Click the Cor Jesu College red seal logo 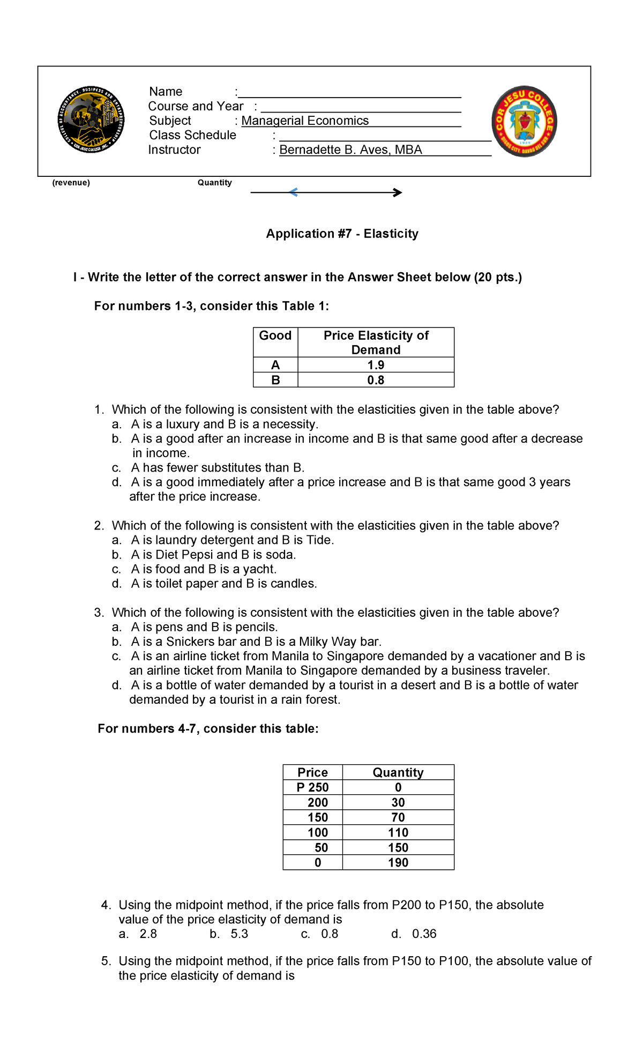[524, 122]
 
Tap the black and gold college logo [91, 120]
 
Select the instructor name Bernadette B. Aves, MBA [350, 150]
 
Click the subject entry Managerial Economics [305, 121]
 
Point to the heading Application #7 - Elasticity [342, 234]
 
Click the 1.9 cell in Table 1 [376, 365]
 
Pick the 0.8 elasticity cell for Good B [376, 380]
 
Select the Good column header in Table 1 [275, 336]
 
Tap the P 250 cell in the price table [312, 787]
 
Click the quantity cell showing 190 [398, 862]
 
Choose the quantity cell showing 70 [398, 817]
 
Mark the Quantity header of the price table [398, 772]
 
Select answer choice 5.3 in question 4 [239, 934]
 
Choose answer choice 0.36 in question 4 [424, 934]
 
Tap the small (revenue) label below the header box [71, 183]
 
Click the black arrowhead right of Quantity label [398, 192]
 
